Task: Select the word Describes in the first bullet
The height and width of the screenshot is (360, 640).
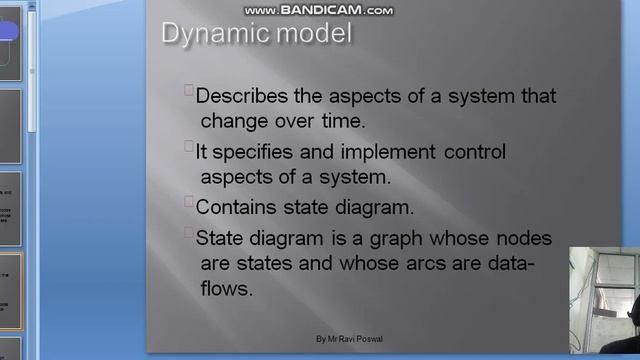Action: pos(239,97)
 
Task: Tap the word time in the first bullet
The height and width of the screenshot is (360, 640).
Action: pos(341,121)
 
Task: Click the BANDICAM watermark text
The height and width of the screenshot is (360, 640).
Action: pos(320,10)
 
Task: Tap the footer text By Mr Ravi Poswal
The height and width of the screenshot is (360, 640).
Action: pos(350,340)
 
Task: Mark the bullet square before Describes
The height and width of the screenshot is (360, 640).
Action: pos(189,91)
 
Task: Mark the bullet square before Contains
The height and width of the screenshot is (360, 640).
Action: pos(189,202)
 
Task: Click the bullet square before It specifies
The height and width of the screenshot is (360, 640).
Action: pos(189,147)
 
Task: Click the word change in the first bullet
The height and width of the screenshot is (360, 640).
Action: pos(230,121)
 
